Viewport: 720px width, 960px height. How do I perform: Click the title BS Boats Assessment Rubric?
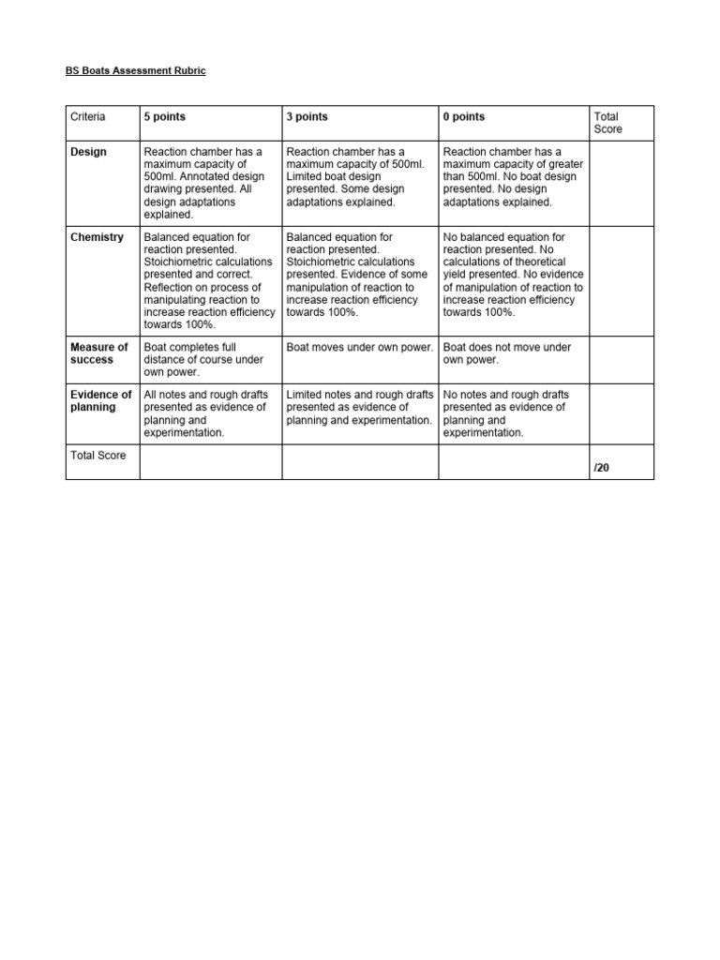(x=135, y=71)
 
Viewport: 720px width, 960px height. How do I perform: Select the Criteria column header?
(x=88, y=117)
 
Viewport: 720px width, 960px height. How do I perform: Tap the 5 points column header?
(x=164, y=117)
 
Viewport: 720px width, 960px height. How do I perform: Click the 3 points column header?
(x=307, y=117)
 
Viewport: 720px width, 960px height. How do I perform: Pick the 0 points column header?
(x=464, y=117)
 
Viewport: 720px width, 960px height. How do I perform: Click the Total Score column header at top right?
(x=607, y=123)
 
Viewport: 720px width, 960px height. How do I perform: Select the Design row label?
(x=89, y=152)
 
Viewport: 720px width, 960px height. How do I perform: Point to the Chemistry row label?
(x=97, y=237)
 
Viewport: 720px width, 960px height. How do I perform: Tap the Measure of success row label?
(x=99, y=353)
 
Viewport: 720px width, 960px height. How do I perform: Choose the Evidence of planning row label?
(x=101, y=401)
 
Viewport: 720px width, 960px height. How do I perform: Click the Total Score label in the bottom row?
(x=98, y=456)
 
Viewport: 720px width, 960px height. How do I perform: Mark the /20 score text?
(x=601, y=467)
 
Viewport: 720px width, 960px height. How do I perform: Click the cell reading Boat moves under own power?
(x=359, y=348)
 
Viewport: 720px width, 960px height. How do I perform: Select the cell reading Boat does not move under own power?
(x=507, y=353)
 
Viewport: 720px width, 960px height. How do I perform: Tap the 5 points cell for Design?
(x=203, y=183)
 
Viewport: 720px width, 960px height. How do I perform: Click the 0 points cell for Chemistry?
(x=513, y=275)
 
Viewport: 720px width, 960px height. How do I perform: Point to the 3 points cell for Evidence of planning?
(x=360, y=408)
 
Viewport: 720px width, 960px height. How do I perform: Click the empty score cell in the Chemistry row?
(x=620, y=280)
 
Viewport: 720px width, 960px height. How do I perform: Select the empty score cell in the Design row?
(x=620, y=183)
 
